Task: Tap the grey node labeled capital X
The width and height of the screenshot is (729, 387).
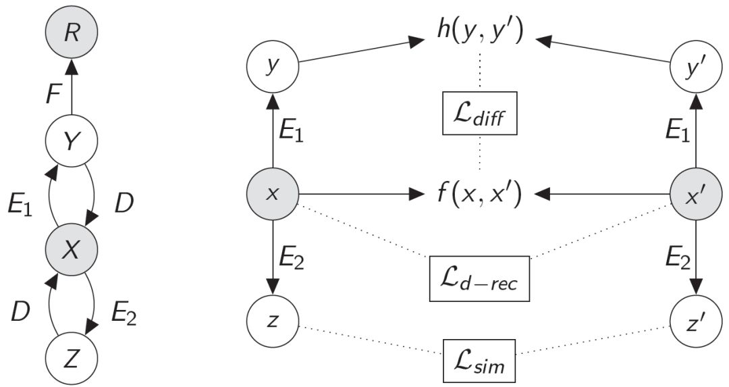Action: pos(72,251)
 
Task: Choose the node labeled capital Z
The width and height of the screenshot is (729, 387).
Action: pos(72,357)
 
